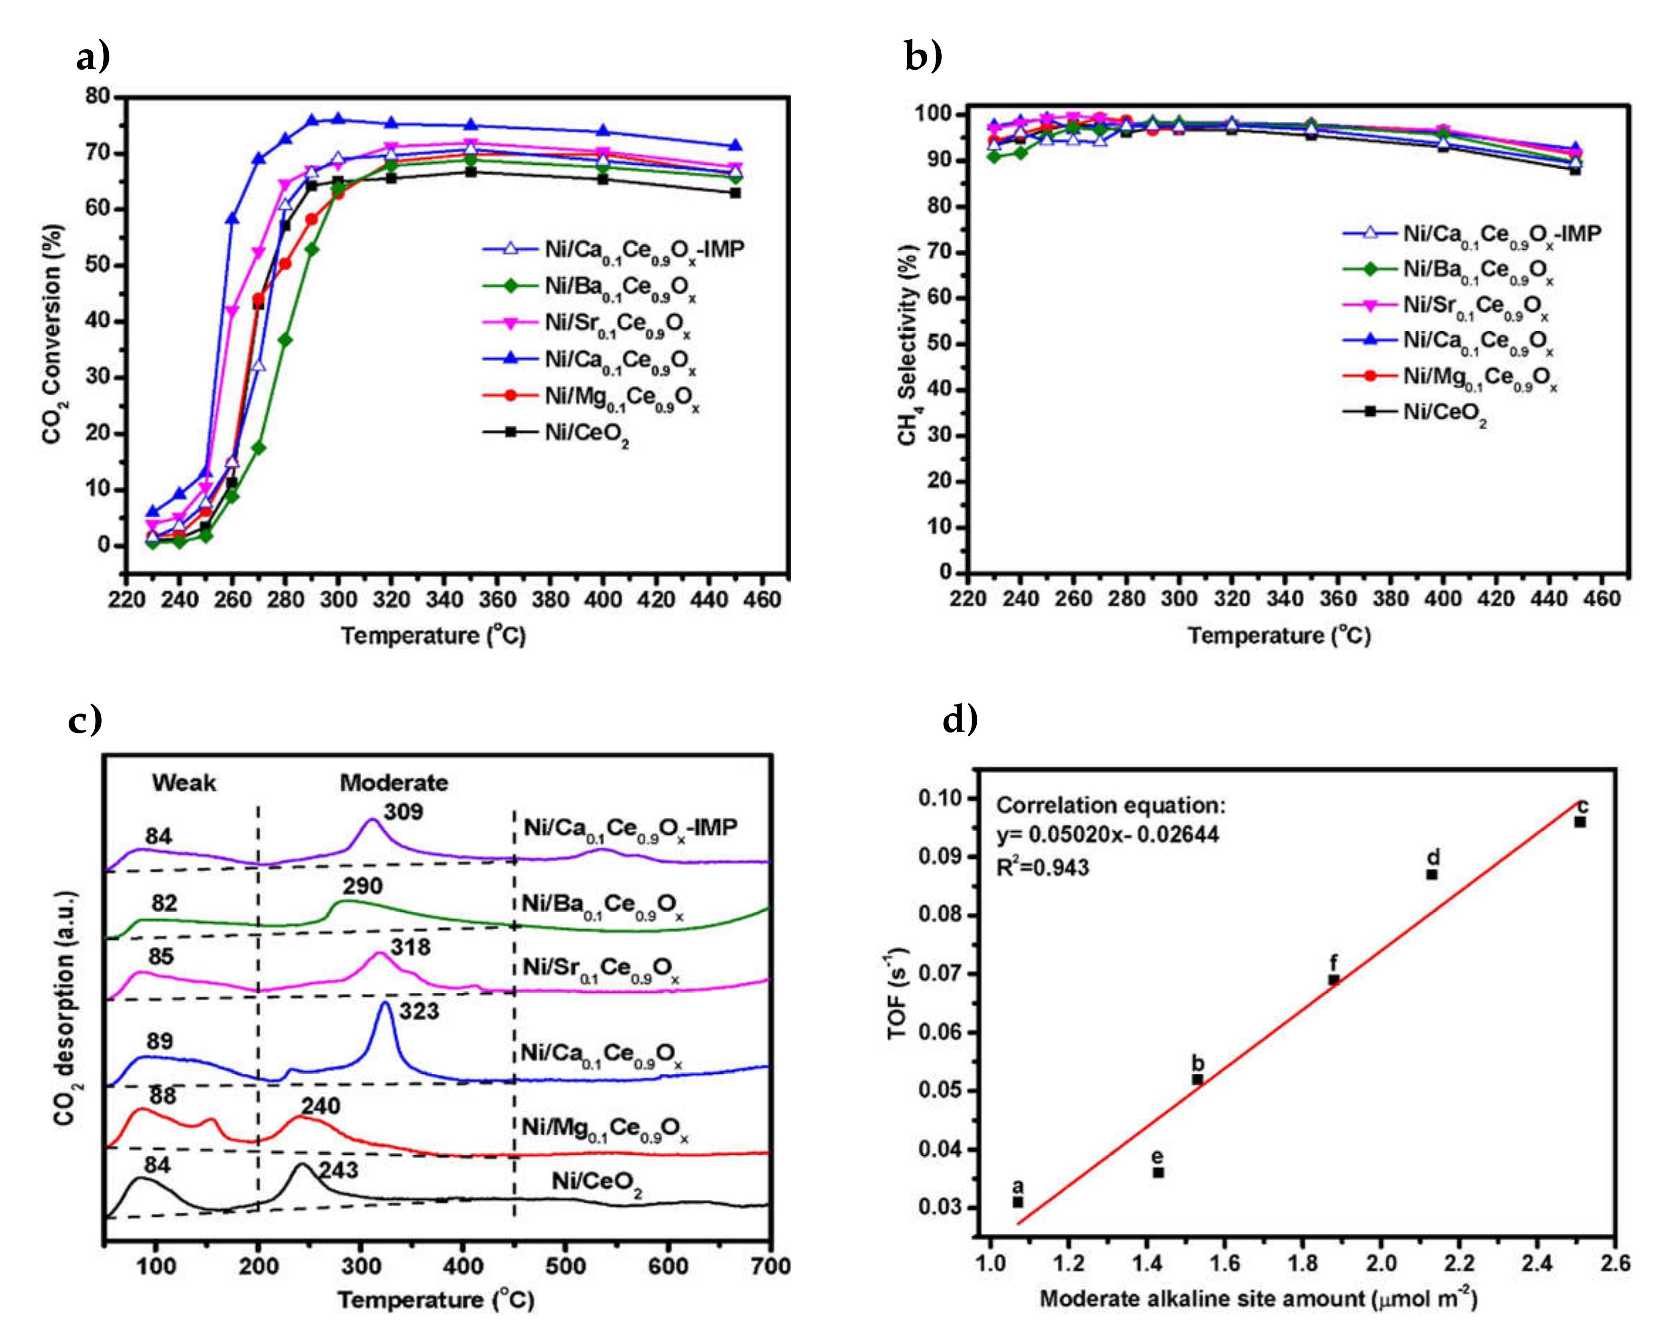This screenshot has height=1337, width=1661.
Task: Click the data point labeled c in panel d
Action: [1580, 822]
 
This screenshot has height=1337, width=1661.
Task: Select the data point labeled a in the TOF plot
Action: [1018, 1202]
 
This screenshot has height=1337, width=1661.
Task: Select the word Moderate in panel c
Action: [393, 783]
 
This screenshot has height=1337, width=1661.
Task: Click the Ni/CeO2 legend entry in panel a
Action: [586, 433]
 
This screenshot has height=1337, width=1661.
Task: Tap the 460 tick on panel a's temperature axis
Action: [763, 599]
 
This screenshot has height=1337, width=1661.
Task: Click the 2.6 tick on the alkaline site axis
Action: [1615, 1263]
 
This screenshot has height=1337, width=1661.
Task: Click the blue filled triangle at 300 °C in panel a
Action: [338, 119]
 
